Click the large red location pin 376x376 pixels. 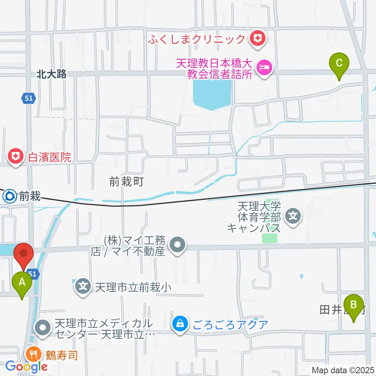(24, 255)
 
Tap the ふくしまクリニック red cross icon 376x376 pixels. (258, 39)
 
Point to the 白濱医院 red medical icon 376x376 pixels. (15, 157)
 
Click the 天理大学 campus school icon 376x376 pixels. (292, 215)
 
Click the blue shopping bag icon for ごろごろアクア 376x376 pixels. (180, 324)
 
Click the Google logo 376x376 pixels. (27, 367)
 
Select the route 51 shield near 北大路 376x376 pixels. (28, 98)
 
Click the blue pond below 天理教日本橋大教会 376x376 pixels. (211, 94)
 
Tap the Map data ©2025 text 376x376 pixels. (343, 370)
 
